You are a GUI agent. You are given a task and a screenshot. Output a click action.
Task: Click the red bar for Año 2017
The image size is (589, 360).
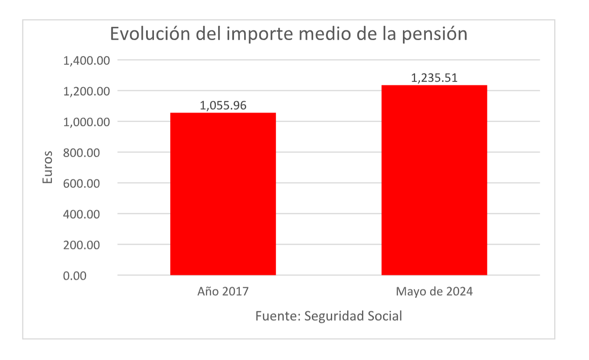tap(223, 194)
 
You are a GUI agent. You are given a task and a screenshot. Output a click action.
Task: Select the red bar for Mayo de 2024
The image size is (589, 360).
tap(434, 180)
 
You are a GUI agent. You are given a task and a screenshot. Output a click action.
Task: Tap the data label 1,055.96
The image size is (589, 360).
tap(223, 105)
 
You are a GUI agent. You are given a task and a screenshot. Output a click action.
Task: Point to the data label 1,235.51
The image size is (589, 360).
tap(434, 78)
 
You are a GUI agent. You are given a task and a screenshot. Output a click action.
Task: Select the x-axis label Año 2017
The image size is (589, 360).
tap(223, 291)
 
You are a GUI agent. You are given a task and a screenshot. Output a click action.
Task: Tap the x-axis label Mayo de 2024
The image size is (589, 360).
tap(434, 291)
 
